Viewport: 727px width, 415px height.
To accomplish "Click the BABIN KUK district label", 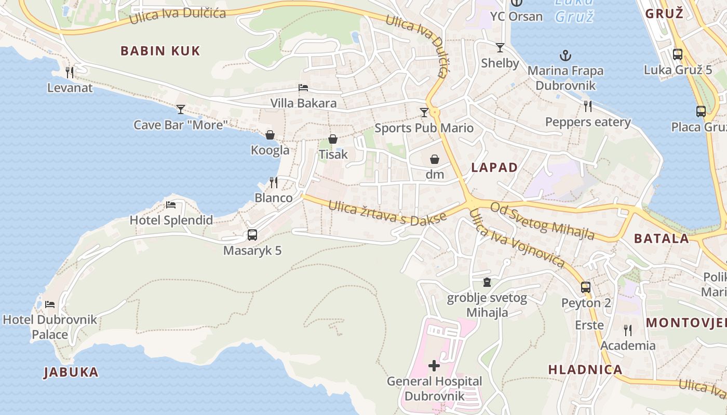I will [x=160, y=51].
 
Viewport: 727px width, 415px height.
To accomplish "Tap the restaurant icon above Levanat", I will [x=70, y=72].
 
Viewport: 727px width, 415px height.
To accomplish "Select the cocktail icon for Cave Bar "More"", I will [x=181, y=109].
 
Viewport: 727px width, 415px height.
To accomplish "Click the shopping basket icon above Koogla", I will [x=270, y=135].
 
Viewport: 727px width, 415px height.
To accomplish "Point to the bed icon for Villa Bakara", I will [x=303, y=88].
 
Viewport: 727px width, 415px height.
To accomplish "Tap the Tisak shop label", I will [x=333, y=154].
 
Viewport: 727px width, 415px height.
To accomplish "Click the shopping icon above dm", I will [x=435, y=159].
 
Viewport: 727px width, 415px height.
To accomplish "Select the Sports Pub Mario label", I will [x=424, y=128].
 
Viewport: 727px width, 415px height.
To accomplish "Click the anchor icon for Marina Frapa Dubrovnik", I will [x=565, y=56].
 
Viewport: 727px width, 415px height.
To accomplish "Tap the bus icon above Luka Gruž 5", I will [x=678, y=54].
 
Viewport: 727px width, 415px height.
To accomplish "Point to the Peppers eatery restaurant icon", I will [x=588, y=106].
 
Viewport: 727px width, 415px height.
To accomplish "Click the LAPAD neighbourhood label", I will [x=494, y=167].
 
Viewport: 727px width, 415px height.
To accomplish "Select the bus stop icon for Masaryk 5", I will [x=252, y=235].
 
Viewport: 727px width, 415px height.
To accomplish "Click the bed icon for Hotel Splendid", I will [x=171, y=204].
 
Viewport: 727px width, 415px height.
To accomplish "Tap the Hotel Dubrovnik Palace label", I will [x=50, y=327].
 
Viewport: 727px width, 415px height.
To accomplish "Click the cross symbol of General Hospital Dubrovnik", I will [x=434, y=366].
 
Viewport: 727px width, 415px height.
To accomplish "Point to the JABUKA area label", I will [x=71, y=372].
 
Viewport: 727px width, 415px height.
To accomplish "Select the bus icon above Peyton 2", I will [x=586, y=287].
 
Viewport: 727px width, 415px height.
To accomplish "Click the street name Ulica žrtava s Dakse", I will [x=387, y=213].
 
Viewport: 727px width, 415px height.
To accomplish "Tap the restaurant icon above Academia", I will [x=628, y=330].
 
